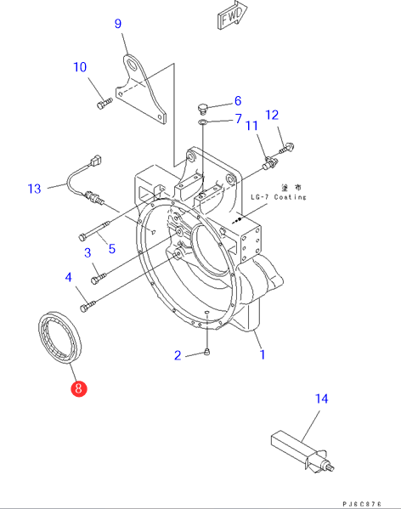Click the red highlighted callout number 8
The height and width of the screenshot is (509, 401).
tap(78, 388)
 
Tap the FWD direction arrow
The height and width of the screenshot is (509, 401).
tap(232, 14)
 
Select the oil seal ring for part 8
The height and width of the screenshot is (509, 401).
tap(59, 337)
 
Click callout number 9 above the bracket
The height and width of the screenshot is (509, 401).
tap(118, 24)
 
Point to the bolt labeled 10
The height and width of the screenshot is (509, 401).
tap(104, 103)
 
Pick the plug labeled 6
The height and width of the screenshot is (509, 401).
tap(202, 109)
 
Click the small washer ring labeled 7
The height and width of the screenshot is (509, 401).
tap(202, 122)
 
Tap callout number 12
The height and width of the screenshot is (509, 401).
tap(272, 115)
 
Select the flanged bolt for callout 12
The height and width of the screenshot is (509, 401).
tap(286, 149)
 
